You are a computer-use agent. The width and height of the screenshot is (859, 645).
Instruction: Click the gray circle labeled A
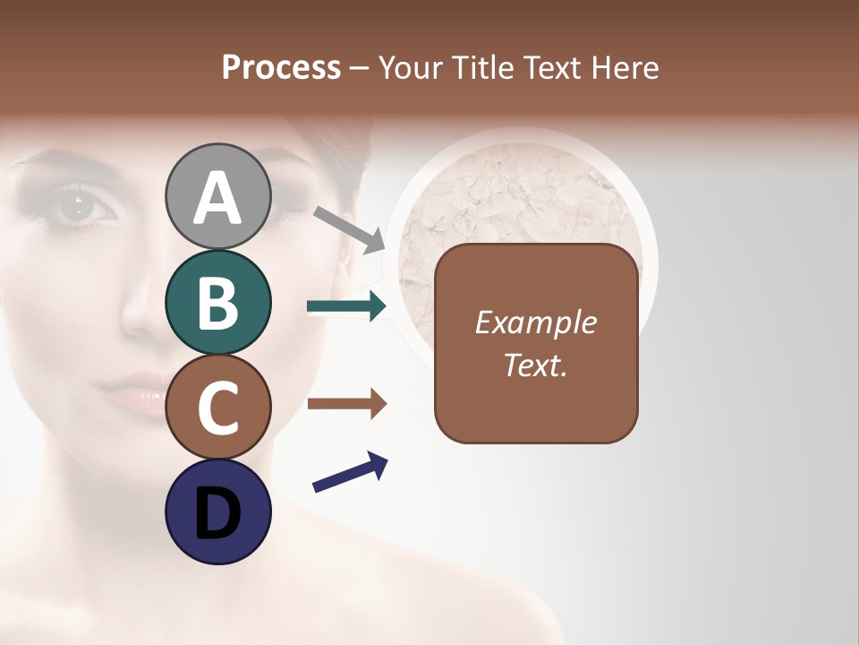pyautogui.click(x=218, y=196)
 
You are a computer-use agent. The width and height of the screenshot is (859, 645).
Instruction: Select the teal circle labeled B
pyautogui.click(x=218, y=302)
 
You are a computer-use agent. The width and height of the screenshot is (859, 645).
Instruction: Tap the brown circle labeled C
pyautogui.click(x=218, y=408)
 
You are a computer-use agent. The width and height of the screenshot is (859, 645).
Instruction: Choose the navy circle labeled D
pyautogui.click(x=218, y=512)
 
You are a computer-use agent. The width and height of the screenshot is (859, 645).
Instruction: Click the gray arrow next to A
pyautogui.click(x=349, y=229)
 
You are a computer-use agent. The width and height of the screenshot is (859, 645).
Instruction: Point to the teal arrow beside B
pyautogui.click(x=346, y=307)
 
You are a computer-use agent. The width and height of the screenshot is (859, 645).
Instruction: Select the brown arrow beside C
pyautogui.click(x=346, y=404)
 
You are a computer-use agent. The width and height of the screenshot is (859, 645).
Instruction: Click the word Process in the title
pyautogui.click(x=281, y=68)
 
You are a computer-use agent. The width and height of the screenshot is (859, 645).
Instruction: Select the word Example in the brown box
pyautogui.click(x=535, y=322)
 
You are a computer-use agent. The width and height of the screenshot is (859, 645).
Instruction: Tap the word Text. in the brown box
pyautogui.click(x=535, y=365)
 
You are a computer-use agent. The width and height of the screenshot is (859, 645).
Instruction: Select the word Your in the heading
pyautogui.click(x=407, y=68)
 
